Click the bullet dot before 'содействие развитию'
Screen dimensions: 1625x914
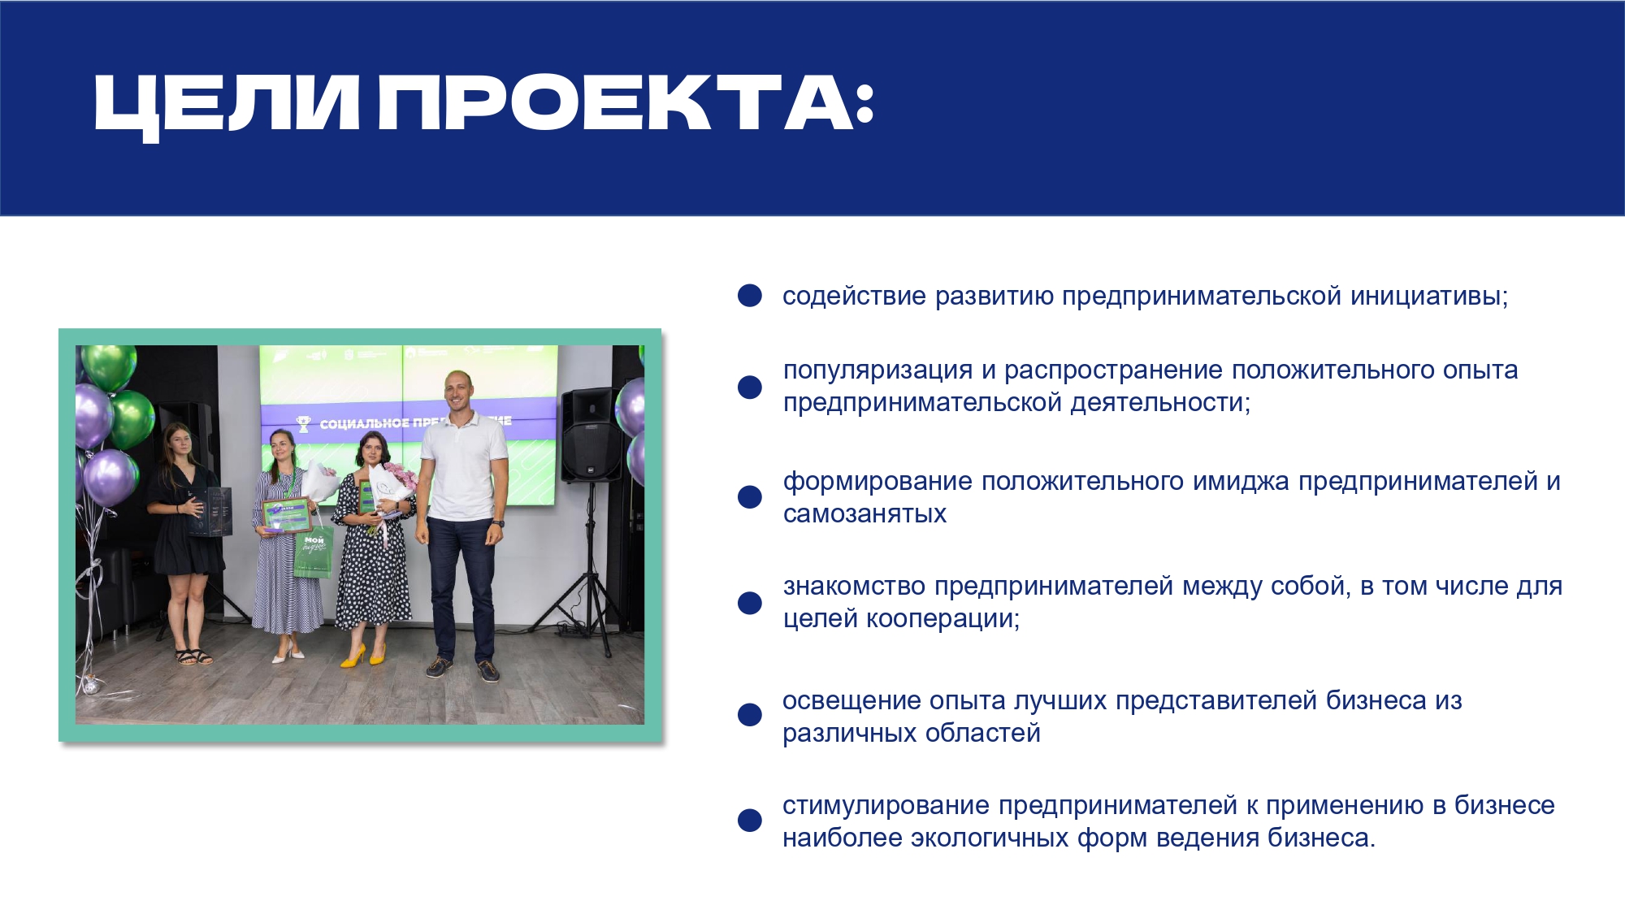click(x=749, y=296)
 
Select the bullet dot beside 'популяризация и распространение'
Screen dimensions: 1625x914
click(x=749, y=387)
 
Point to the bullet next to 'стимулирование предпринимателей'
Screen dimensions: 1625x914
click(x=749, y=821)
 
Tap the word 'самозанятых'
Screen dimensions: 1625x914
click(x=864, y=514)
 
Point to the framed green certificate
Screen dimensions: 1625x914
click(x=286, y=515)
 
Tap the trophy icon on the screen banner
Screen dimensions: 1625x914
click(x=303, y=423)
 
